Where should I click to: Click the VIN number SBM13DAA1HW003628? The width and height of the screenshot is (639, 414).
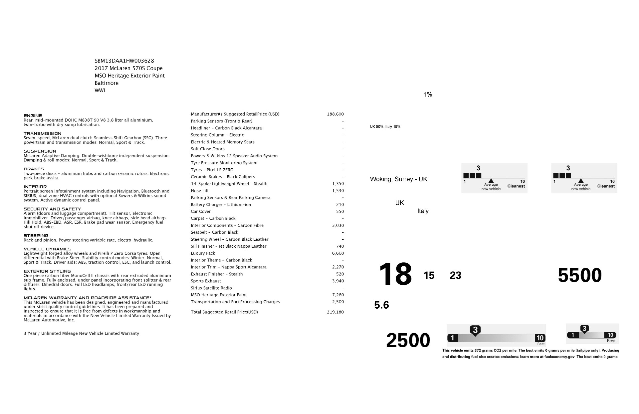coord(124,61)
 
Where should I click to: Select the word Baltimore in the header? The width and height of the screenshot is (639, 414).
coord(106,83)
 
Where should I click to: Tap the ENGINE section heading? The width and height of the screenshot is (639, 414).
coord(33,116)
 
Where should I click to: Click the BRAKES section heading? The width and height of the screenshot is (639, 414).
coord(34,169)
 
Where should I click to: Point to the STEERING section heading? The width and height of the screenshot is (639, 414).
coord(36,236)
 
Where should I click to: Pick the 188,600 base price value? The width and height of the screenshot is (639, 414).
coord(335,114)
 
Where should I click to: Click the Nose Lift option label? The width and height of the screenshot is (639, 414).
coord(200,191)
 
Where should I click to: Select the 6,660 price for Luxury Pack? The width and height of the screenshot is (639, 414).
coord(338,253)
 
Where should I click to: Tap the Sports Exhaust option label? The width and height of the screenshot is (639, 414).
coord(206,281)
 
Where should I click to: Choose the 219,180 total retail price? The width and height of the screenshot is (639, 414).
coord(335,312)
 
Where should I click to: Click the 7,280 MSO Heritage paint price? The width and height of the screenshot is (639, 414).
coord(338,295)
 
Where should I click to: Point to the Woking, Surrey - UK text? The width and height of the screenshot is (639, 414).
coord(398,179)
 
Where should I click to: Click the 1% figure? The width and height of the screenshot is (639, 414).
coord(428,95)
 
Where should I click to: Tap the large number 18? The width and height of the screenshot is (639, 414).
coord(395,274)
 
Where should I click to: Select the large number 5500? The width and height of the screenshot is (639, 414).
coord(580,275)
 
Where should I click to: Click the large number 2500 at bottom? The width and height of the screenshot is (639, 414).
coord(408,340)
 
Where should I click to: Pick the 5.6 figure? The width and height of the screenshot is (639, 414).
coord(381,305)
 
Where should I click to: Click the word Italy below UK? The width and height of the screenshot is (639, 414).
coord(423,211)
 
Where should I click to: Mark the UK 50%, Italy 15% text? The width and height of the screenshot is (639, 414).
coord(385,127)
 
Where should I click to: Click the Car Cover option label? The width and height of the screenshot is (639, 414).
coord(201,211)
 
